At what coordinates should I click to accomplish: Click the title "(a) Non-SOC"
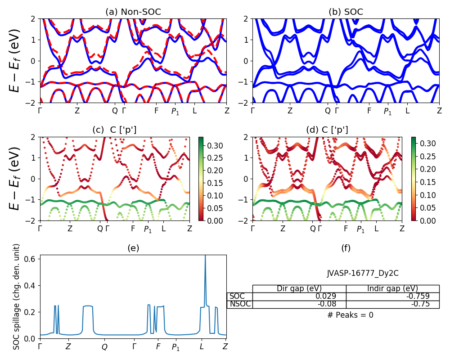tap(133, 12)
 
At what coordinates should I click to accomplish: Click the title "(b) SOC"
tap(346, 12)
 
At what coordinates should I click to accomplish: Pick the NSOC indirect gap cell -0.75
tap(420, 304)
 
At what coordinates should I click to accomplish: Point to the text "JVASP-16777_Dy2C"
tap(363, 273)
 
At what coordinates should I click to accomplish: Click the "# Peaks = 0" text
tap(351, 315)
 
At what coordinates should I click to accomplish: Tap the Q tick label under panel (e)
tap(104, 347)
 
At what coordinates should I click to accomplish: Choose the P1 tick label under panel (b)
tap(387, 112)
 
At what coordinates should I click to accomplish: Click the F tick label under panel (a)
tap(157, 111)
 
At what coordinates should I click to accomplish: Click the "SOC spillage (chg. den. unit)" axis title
tap(17, 297)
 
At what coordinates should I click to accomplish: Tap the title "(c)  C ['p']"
tap(114, 130)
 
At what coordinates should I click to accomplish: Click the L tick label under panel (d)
tap(376, 229)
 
